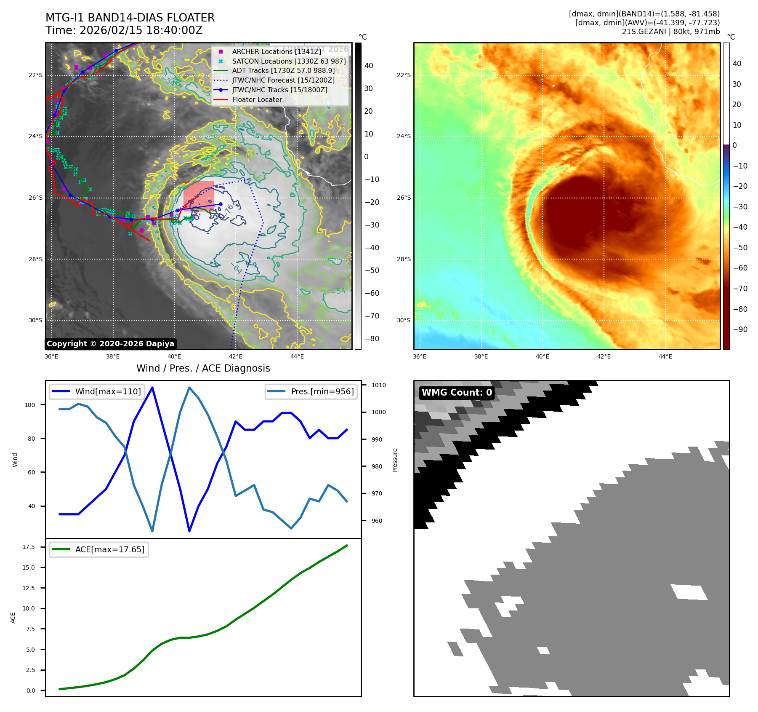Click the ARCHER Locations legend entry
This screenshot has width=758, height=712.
[276, 51]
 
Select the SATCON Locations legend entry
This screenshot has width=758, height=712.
[289, 61]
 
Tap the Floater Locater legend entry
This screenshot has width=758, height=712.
[257, 100]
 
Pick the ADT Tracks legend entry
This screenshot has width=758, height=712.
[283, 71]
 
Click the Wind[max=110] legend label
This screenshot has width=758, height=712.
[108, 391]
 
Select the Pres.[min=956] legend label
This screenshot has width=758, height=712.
[322, 391]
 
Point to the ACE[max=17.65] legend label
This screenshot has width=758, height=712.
[109, 549]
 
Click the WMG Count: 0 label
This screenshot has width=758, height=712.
[457, 393]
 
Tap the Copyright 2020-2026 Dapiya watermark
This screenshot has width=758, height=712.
[110, 344]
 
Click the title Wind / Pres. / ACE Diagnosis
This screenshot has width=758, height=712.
[203, 368]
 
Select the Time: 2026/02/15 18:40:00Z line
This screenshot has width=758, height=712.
[124, 30]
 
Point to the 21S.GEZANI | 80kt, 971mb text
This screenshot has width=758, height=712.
[670, 32]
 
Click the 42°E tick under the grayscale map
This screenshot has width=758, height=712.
[236, 356]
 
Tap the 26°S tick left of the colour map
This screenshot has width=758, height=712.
[404, 198]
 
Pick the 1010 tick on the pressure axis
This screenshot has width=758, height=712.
[378, 385]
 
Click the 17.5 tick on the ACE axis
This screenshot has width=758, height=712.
[29, 547]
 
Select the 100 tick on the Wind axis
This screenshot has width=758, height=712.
[30, 405]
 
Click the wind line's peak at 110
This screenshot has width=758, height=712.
[152, 387]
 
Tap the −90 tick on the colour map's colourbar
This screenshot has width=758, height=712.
[740, 329]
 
